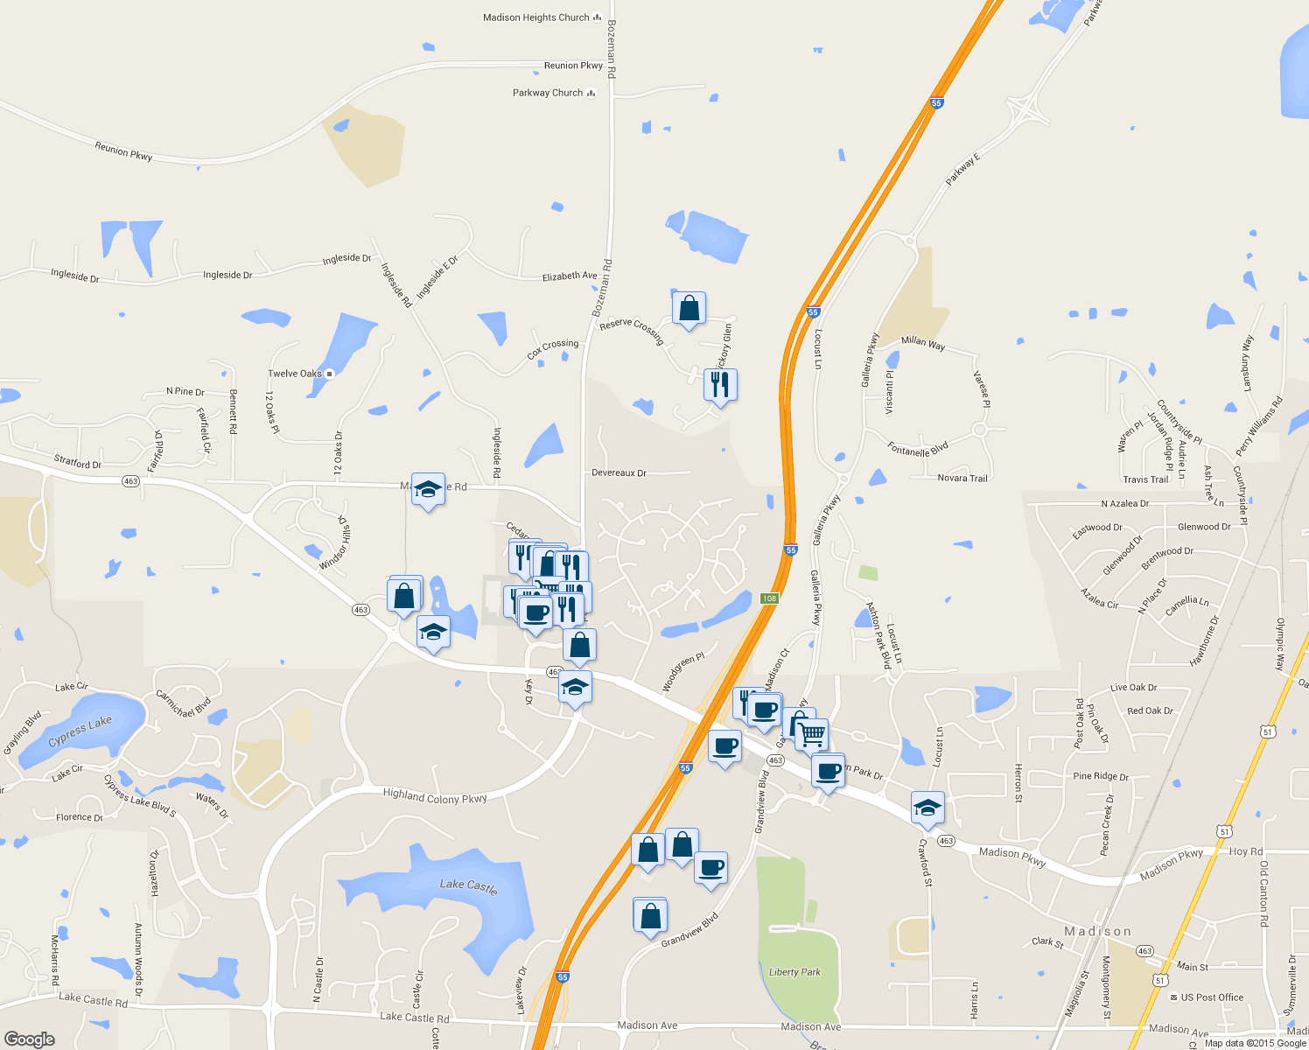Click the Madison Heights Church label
(536, 17)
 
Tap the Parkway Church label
(548, 93)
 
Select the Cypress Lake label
(80, 731)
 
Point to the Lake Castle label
(468, 885)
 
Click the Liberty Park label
(794, 972)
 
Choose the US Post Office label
(1212, 997)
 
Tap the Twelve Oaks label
(295, 374)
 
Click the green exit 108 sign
(769, 598)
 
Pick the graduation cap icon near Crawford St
(927, 808)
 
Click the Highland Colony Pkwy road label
(435, 795)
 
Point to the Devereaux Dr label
(619, 472)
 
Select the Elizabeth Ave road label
(570, 276)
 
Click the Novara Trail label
(962, 478)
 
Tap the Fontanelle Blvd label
(918, 450)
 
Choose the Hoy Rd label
(1246, 851)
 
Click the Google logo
(30, 1039)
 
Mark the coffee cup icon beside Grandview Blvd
(710, 867)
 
